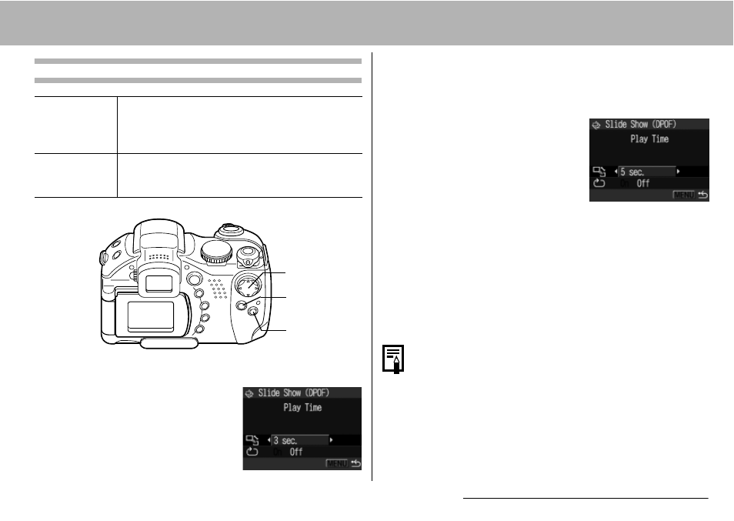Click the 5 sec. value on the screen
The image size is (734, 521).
click(632, 172)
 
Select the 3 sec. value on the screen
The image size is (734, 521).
click(285, 440)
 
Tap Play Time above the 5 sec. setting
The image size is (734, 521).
click(649, 139)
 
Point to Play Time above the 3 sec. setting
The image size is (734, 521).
click(302, 407)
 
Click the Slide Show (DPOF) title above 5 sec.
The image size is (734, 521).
click(640, 124)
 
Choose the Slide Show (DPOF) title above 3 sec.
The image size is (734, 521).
click(293, 392)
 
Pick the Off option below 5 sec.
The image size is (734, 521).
click(642, 183)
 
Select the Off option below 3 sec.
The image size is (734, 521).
click(296, 453)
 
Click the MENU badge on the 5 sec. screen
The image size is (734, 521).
click(683, 195)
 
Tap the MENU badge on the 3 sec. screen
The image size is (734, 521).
click(336, 463)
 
